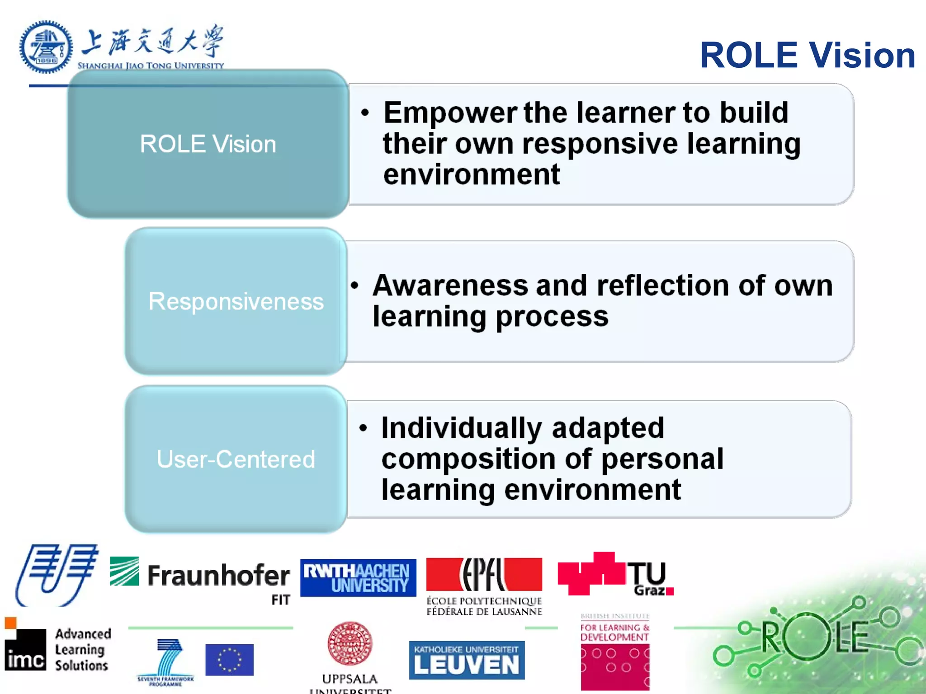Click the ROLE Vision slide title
[x=808, y=55]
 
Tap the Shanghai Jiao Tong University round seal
[x=46, y=47]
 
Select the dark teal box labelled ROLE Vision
[x=208, y=144]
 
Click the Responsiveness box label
[x=236, y=301]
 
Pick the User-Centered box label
[x=236, y=459]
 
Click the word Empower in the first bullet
[x=450, y=113]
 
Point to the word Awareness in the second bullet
[x=450, y=286]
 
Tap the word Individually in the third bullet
[x=461, y=428]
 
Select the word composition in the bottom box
[x=468, y=459]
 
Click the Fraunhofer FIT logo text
[x=218, y=576]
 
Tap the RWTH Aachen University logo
[x=358, y=577]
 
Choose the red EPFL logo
[x=484, y=574]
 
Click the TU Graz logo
[x=615, y=574]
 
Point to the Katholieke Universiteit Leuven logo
[x=467, y=660]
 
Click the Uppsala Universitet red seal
[x=350, y=643]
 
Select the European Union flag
[x=229, y=660]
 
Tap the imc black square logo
[x=25, y=649]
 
